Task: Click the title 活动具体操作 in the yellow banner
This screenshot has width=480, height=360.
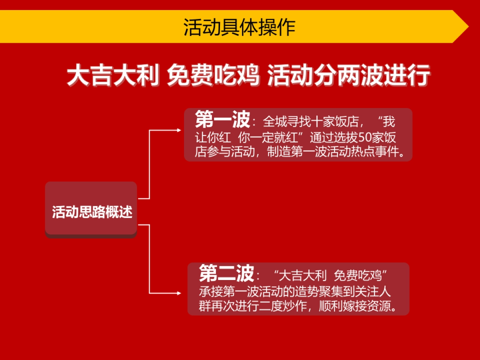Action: click(x=239, y=27)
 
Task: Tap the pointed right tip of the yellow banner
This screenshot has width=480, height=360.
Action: click(x=466, y=27)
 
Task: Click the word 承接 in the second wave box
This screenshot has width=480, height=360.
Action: click(x=208, y=291)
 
